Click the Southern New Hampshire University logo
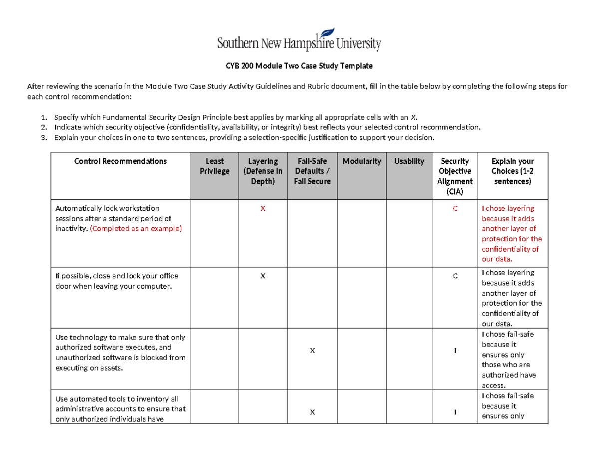tap(299, 40)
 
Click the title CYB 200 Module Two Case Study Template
tap(299, 66)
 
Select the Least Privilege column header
tap(215, 166)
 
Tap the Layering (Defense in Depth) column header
tap(263, 171)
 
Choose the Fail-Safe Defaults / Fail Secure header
tap(312, 171)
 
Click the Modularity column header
tap(362, 161)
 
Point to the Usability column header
tap(409, 161)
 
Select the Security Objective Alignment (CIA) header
tap(455, 176)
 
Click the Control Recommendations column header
tap(120, 161)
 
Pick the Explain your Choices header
tap(513, 171)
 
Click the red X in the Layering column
tap(263, 208)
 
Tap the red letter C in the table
tap(455, 208)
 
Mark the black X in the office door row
tap(263, 276)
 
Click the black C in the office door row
tap(455, 276)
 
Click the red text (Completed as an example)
tap(136, 229)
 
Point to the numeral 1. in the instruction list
tap(44, 118)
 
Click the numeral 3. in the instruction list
tap(44, 138)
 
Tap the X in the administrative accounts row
tap(312, 412)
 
